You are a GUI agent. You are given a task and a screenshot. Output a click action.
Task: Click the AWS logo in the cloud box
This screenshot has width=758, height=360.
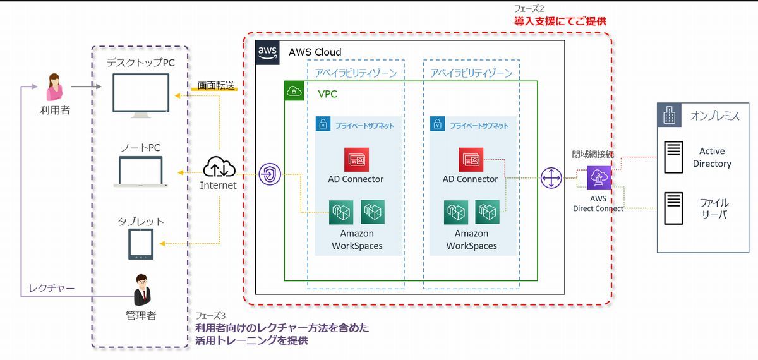tap(267, 52)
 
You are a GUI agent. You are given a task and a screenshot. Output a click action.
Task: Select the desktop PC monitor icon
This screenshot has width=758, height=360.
tap(141, 95)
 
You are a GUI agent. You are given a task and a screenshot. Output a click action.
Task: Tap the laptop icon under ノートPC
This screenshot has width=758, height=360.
tap(141, 172)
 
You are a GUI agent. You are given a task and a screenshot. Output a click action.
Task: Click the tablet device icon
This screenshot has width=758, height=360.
tap(141, 244)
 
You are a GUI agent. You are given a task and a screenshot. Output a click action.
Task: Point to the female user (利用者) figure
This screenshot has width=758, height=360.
tap(54, 87)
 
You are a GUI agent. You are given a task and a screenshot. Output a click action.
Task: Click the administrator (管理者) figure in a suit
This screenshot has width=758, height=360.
tap(141, 290)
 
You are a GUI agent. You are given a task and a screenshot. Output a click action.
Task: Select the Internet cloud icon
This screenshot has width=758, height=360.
tap(219, 167)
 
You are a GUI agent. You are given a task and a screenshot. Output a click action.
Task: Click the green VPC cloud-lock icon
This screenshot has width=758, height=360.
tap(294, 91)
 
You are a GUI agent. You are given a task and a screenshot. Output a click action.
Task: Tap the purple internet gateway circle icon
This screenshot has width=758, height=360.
tap(270, 174)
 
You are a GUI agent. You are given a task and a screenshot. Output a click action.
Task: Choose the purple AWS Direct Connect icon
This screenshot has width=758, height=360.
tap(599, 178)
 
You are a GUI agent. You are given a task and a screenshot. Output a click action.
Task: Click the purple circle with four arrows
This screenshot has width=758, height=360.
tap(551, 178)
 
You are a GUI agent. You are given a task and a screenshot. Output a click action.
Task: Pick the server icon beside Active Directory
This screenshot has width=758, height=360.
tap(673, 157)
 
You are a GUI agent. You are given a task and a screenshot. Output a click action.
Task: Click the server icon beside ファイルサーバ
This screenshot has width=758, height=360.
tap(673, 208)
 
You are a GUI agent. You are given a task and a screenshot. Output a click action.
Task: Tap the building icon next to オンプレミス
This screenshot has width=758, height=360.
tap(669, 115)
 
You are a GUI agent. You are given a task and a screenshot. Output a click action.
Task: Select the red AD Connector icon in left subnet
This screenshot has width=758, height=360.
tap(356, 160)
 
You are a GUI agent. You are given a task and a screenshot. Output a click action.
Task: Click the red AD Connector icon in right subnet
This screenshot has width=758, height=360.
tap(471, 160)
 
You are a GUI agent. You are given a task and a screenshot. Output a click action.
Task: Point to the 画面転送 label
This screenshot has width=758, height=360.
tap(215, 86)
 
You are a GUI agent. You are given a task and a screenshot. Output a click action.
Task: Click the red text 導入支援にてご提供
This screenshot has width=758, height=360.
tap(560, 21)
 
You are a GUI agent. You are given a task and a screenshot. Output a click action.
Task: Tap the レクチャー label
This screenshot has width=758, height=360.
tap(51, 288)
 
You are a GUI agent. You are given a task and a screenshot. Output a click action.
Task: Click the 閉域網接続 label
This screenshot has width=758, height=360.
tap(593, 154)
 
